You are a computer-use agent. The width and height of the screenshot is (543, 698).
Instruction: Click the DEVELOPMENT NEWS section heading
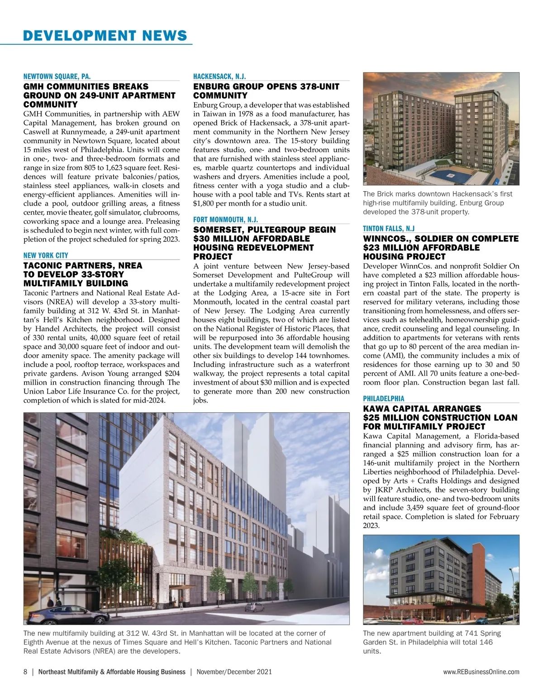(x=105, y=35)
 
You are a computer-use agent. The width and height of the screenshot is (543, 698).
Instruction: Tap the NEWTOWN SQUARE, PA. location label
(x=60, y=77)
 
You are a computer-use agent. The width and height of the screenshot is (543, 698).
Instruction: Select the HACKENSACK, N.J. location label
(x=219, y=77)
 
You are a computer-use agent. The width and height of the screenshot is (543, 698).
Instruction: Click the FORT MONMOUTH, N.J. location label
(x=226, y=220)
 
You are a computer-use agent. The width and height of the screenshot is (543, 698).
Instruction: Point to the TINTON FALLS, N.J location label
(x=389, y=229)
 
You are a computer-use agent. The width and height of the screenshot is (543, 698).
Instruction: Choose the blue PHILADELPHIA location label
(x=384, y=399)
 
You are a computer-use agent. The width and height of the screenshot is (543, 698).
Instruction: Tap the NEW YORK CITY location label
(x=46, y=255)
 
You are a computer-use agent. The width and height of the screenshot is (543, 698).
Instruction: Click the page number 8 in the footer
(x=25, y=672)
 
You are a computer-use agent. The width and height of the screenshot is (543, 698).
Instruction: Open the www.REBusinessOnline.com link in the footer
(x=481, y=672)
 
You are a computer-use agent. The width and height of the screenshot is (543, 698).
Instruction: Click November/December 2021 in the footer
(x=234, y=672)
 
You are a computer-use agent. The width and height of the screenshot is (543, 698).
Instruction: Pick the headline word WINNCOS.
(x=386, y=239)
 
